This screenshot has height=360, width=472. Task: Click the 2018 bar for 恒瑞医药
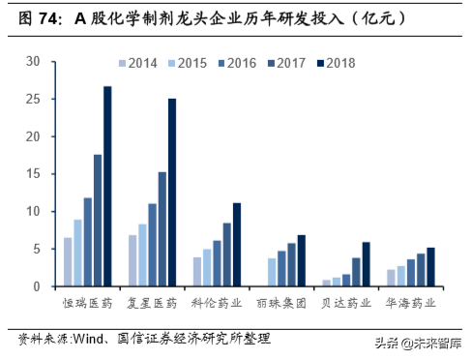(x=107, y=186)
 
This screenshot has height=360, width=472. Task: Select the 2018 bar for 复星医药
(x=172, y=192)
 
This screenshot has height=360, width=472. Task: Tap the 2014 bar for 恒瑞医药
(x=68, y=261)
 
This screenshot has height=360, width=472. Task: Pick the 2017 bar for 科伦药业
(x=226, y=255)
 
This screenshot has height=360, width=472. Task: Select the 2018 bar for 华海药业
(x=430, y=266)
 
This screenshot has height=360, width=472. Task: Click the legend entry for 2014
(x=144, y=64)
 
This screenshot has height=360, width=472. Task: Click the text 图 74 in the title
(x=33, y=16)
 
